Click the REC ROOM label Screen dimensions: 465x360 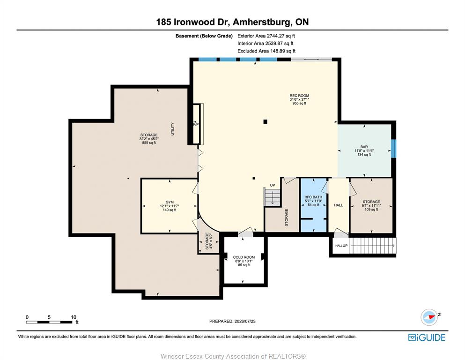tap(299, 96)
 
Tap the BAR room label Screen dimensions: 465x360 tap(364, 147)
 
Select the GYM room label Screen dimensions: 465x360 tap(170, 202)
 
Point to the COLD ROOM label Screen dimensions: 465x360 tap(244, 257)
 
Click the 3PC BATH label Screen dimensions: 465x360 tap(313, 197)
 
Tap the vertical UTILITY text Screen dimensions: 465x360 tap(173, 129)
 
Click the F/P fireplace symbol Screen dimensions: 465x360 tap(196, 124)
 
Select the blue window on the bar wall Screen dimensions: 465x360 tap(393, 149)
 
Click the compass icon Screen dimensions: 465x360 tap(429, 317)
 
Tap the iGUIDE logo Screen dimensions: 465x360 tap(427, 337)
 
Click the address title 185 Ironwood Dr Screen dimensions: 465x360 tap(193, 22)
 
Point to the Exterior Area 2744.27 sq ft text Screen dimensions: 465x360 tap(266, 36)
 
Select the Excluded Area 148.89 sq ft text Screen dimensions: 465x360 tap(266, 51)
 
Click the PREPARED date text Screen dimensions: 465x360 tap(232, 321)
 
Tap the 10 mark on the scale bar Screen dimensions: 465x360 tap(74, 317)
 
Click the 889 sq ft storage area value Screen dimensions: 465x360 tap(149, 143)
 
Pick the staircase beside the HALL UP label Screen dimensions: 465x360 tap(372, 246)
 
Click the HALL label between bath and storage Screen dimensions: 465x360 tap(339, 205)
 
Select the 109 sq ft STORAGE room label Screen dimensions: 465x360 tap(371, 205)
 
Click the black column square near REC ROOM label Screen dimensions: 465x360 tap(266, 121)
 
